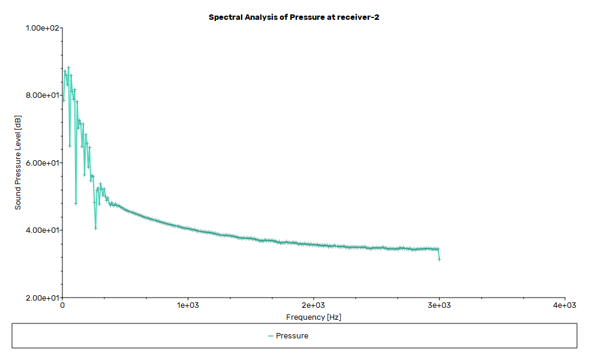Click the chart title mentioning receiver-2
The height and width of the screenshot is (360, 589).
point(294,17)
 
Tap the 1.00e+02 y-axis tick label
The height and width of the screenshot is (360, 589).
point(41,28)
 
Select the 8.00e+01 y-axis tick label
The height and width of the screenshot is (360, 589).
point(41,95)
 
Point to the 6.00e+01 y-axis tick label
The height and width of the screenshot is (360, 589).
point(41,163)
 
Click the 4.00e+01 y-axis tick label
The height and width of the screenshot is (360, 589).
point(41,230)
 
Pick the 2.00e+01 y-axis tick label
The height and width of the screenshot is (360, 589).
point(41,298)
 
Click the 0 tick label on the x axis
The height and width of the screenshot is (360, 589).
point(62,305)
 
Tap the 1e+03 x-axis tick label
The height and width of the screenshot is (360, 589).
point(188,305)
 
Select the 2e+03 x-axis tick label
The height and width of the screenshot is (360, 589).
point(314,305)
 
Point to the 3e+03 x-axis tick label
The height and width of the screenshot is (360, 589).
point(439,305)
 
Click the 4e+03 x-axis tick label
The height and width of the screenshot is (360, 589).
point(564,305)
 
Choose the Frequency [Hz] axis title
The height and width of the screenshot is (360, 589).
point(314,317)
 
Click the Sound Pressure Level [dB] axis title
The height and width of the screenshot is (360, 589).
point(18,162)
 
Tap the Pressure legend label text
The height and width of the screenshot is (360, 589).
point(292,336)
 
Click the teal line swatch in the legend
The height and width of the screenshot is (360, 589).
point(271,336)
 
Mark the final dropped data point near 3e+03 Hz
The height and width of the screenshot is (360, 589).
point(439,259)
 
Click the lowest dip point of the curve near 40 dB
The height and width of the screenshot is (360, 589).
point(95,228)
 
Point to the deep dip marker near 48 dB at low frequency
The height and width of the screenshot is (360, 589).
point(76,203)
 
